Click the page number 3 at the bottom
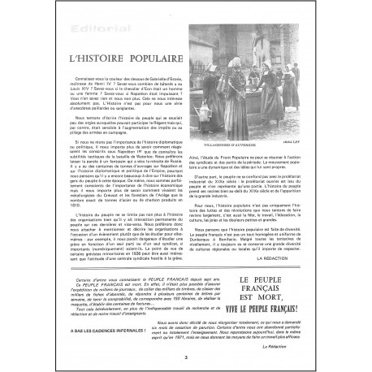[185, 357]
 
